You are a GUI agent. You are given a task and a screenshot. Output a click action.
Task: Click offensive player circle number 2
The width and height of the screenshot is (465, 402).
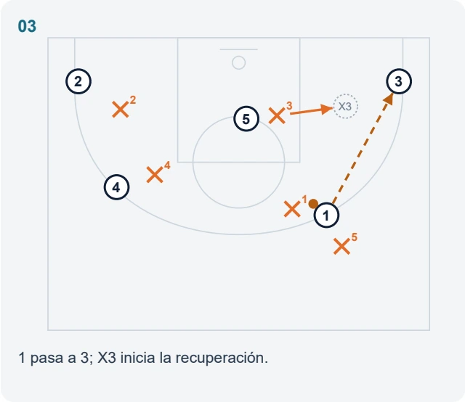tap(78, 81)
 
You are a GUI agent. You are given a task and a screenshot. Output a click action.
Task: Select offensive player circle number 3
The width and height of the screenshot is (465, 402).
tap(399, 81)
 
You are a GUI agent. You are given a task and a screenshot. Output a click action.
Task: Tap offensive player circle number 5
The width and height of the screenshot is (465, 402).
tap(246, 119)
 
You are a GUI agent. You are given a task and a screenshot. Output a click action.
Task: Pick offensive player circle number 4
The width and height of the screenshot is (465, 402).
tap(116, 187)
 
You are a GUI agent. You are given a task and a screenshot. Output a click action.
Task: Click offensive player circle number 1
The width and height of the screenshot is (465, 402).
tap(326, 216)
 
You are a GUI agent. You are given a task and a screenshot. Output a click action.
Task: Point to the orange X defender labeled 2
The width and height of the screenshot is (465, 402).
tap(121, 110)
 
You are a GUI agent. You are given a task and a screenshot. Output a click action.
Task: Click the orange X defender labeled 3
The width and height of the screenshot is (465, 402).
tap(277, 115)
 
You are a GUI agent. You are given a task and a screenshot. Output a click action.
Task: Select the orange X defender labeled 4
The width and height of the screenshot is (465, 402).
tap(155, 174)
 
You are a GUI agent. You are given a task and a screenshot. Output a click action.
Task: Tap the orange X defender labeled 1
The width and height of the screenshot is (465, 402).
tap(292, 209)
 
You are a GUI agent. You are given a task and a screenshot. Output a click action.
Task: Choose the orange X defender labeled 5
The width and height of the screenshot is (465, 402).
tap(341, 247)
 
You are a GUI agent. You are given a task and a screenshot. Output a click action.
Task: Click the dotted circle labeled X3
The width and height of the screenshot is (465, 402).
tap(346, 107)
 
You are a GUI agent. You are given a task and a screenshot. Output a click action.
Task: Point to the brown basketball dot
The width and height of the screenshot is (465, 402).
tap(313, 204)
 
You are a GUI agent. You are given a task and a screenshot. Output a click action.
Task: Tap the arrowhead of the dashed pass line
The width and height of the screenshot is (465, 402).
tap(389, 99)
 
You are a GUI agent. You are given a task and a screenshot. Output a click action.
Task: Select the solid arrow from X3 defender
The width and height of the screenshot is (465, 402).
tap(311, 111)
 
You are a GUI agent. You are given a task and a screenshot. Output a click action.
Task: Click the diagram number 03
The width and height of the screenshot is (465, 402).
tap(27, 26)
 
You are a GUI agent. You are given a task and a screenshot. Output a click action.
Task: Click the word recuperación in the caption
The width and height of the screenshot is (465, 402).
tap(222, 358)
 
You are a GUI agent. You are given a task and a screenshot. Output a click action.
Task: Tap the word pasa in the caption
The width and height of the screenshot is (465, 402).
tap(47, 358)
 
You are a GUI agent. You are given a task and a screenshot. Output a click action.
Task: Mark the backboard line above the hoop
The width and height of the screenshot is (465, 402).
tap(239, 49)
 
